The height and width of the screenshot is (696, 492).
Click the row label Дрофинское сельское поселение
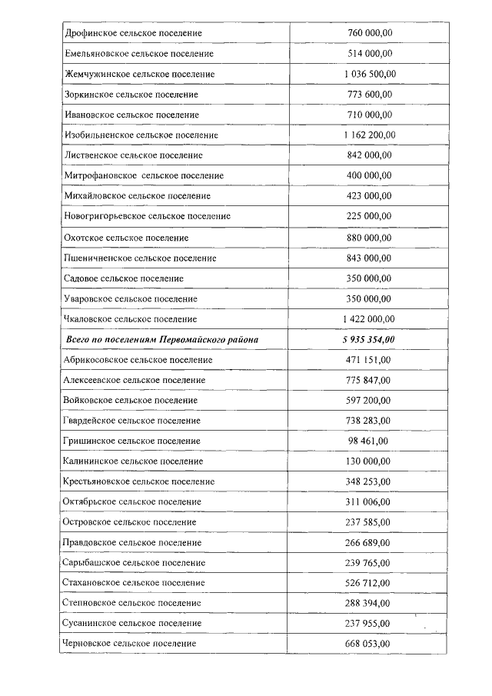[x=133, y=33]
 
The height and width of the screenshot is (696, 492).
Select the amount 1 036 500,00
[x=370, y=74]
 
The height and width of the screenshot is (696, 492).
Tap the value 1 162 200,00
[x=370, y=135]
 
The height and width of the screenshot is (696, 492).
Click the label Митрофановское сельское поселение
[x=145, y=175]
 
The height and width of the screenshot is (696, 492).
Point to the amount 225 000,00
[x=370, y=216]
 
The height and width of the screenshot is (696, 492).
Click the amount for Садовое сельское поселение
[x=370, y=278]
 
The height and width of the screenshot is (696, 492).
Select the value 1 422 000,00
[x=370, y=318]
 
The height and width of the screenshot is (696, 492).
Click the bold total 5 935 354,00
[x=370, y=339]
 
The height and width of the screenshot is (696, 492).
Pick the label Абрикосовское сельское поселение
[x=138, y=359]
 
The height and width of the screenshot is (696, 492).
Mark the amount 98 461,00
[x=368, y=441]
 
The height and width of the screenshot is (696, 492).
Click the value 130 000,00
[x=370, y=461]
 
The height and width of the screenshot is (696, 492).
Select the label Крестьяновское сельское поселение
[x=139, y=481]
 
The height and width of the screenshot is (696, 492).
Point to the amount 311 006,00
[x=370, y=501]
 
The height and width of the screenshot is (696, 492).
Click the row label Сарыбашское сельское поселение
[x=132, y=562]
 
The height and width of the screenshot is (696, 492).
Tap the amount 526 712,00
[x=370, y=583]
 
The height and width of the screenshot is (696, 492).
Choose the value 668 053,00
[x=370, y=643]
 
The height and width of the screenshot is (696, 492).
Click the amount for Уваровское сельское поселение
[x=370, y=298]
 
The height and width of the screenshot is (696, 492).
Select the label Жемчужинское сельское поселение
[x=139, y=74]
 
